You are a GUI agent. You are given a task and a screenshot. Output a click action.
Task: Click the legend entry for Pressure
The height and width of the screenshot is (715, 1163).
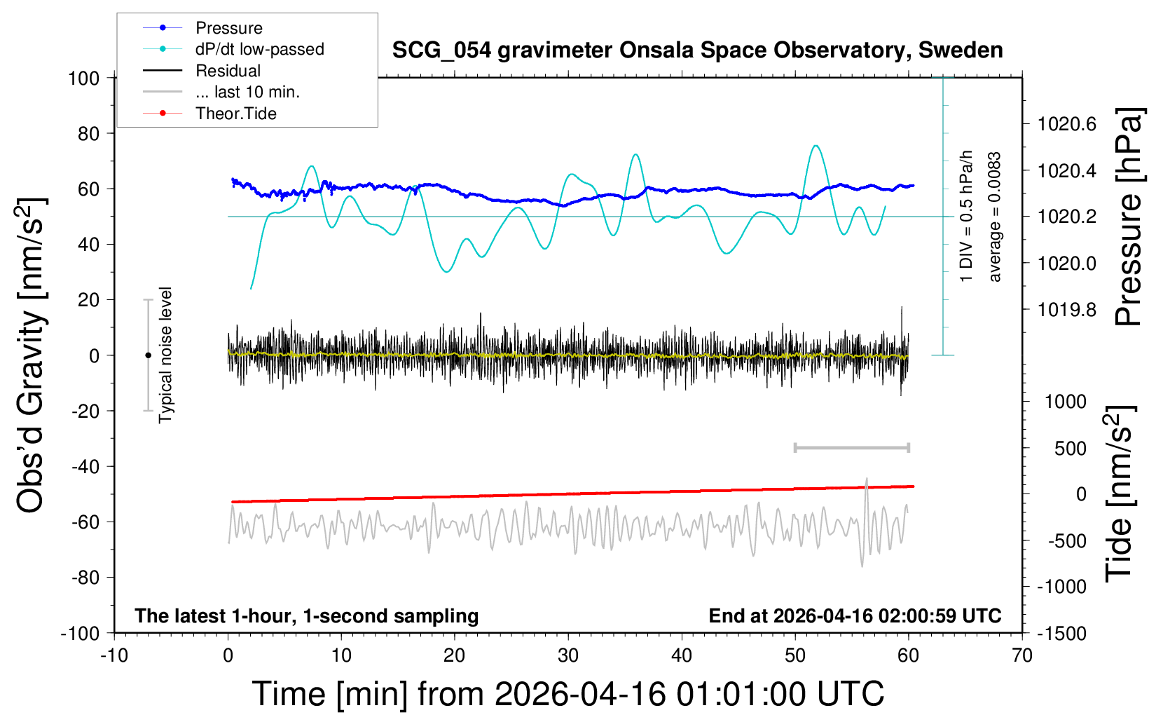(x=228, y=28)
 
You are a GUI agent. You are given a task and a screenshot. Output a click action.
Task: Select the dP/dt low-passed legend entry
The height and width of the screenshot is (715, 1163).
(x=259, y=49)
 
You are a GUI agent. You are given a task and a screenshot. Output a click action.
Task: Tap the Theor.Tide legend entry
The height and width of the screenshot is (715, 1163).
(x=235, y=114)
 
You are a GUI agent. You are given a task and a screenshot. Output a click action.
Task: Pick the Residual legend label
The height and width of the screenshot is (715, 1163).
(x=228, y=71)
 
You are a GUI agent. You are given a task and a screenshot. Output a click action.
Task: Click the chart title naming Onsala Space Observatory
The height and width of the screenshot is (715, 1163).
(x=697, y=50)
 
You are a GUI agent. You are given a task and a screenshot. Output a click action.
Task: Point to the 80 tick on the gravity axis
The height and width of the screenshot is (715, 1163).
(x=88, y=133)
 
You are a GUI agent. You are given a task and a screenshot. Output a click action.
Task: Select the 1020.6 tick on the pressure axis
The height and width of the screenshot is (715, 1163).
(x=1067, y=124)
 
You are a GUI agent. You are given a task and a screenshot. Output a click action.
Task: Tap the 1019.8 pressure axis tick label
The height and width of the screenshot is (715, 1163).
(x=1067, y=309)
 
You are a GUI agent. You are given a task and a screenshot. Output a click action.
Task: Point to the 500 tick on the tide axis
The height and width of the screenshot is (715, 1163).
(x=1071, y=448)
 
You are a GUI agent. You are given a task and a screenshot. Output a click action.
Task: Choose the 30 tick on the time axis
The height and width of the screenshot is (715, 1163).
(x=568, y=656)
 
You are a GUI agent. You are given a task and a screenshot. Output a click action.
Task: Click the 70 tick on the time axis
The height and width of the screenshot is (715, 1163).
(x=1022, y=656)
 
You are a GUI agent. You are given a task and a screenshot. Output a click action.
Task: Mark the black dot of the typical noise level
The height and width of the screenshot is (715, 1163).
(x=148, y=355)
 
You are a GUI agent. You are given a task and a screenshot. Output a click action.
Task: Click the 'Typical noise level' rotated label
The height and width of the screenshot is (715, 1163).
(x=165, y=355)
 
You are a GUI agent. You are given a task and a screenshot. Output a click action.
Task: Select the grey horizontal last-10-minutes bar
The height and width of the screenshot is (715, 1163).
(x=852, y=447)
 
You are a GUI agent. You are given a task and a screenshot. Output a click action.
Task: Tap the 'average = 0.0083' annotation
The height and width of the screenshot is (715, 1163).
(x=995, y=217)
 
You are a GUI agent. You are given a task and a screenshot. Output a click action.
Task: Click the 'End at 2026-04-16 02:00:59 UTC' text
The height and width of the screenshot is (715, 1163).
(x=855, y=616)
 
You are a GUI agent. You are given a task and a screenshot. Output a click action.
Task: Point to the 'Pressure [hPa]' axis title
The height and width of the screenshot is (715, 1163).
(x=1129, y=217)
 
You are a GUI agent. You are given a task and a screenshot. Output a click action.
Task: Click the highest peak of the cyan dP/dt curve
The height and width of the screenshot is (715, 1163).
(x=816, y=146)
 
